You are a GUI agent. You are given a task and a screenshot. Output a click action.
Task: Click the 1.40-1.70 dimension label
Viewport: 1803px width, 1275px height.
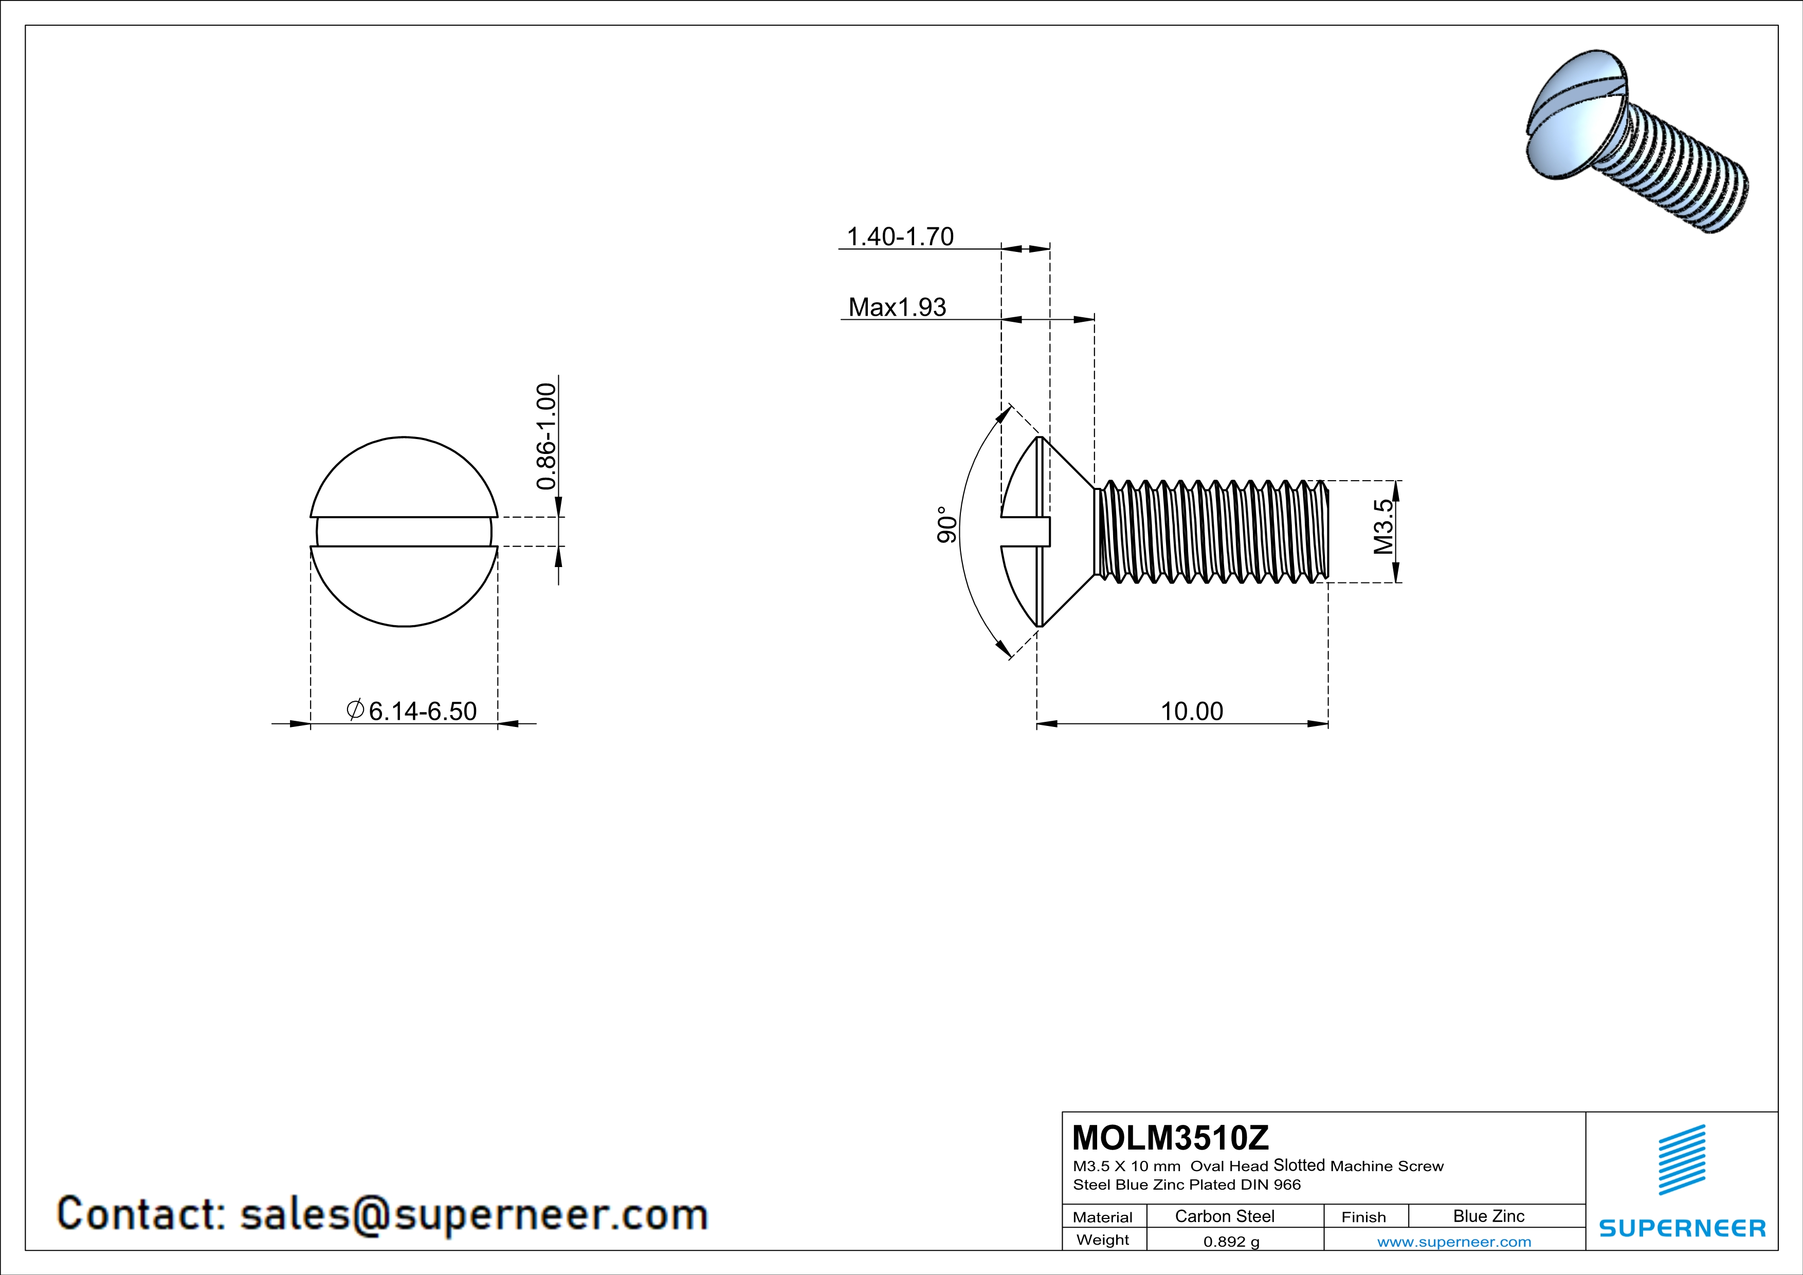click(900, 236)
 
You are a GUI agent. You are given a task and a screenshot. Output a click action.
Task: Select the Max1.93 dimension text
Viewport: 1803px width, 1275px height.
click(897, 307)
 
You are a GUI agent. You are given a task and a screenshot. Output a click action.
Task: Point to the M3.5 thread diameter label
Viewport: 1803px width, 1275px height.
click(1383, 527)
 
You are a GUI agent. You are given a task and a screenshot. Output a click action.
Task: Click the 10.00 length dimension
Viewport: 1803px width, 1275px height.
click(1191, 712)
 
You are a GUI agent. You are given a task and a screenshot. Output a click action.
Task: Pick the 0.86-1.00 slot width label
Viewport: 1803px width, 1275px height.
click(547, 436)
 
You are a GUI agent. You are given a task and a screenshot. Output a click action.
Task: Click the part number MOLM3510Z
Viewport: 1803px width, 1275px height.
click(1170, 1138)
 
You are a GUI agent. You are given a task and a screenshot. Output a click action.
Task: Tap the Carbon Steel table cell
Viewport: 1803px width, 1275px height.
click(1224, 1216)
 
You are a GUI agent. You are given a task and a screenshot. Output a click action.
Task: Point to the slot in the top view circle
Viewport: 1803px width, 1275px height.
click(404, 532)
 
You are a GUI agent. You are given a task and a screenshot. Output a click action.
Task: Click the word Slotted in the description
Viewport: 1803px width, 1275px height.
click(1299, 1165)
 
